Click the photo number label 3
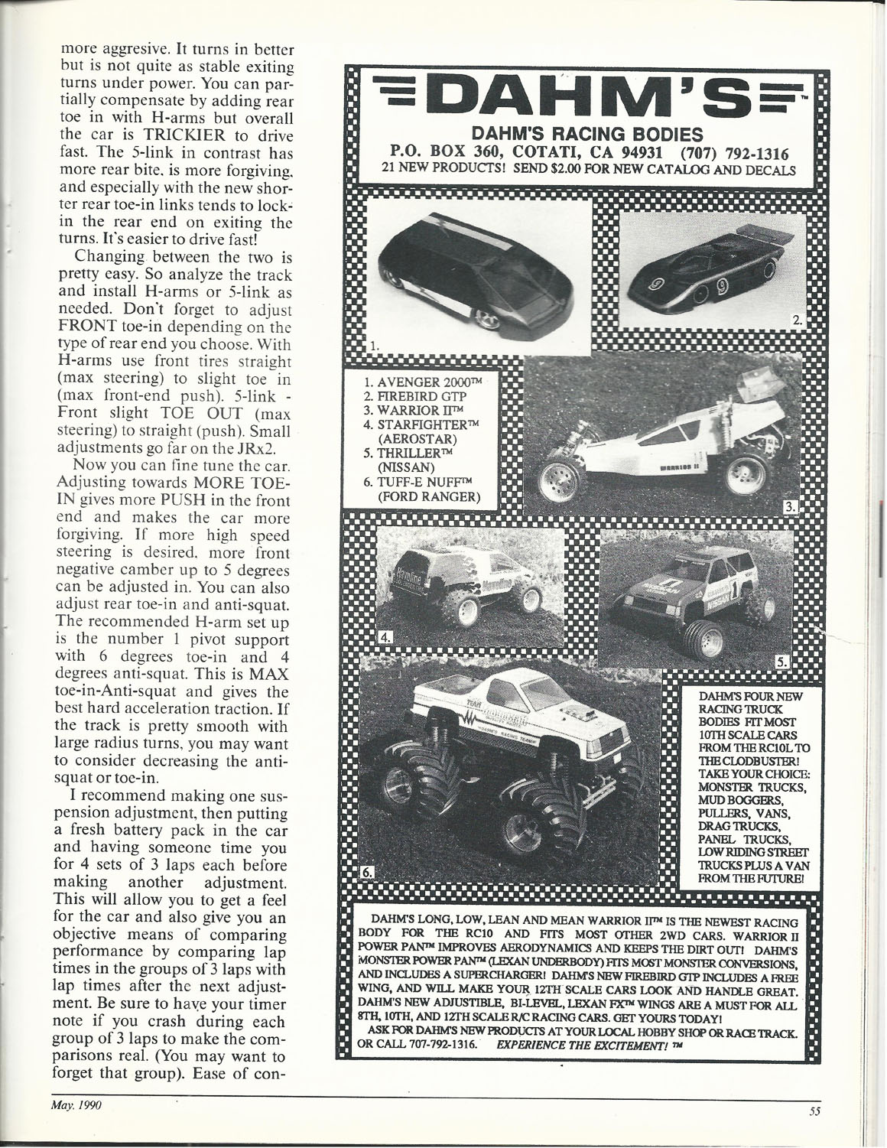791,506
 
